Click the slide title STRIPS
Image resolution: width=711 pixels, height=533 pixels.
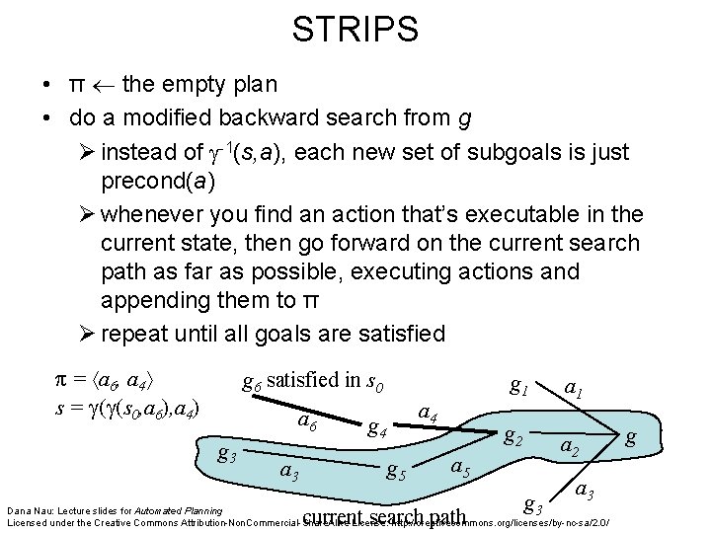point(355,28)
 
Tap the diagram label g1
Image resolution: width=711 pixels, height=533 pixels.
point(516,386)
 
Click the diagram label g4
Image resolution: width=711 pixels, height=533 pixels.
point(376,427)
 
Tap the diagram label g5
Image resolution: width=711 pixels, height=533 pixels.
point(397,469)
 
